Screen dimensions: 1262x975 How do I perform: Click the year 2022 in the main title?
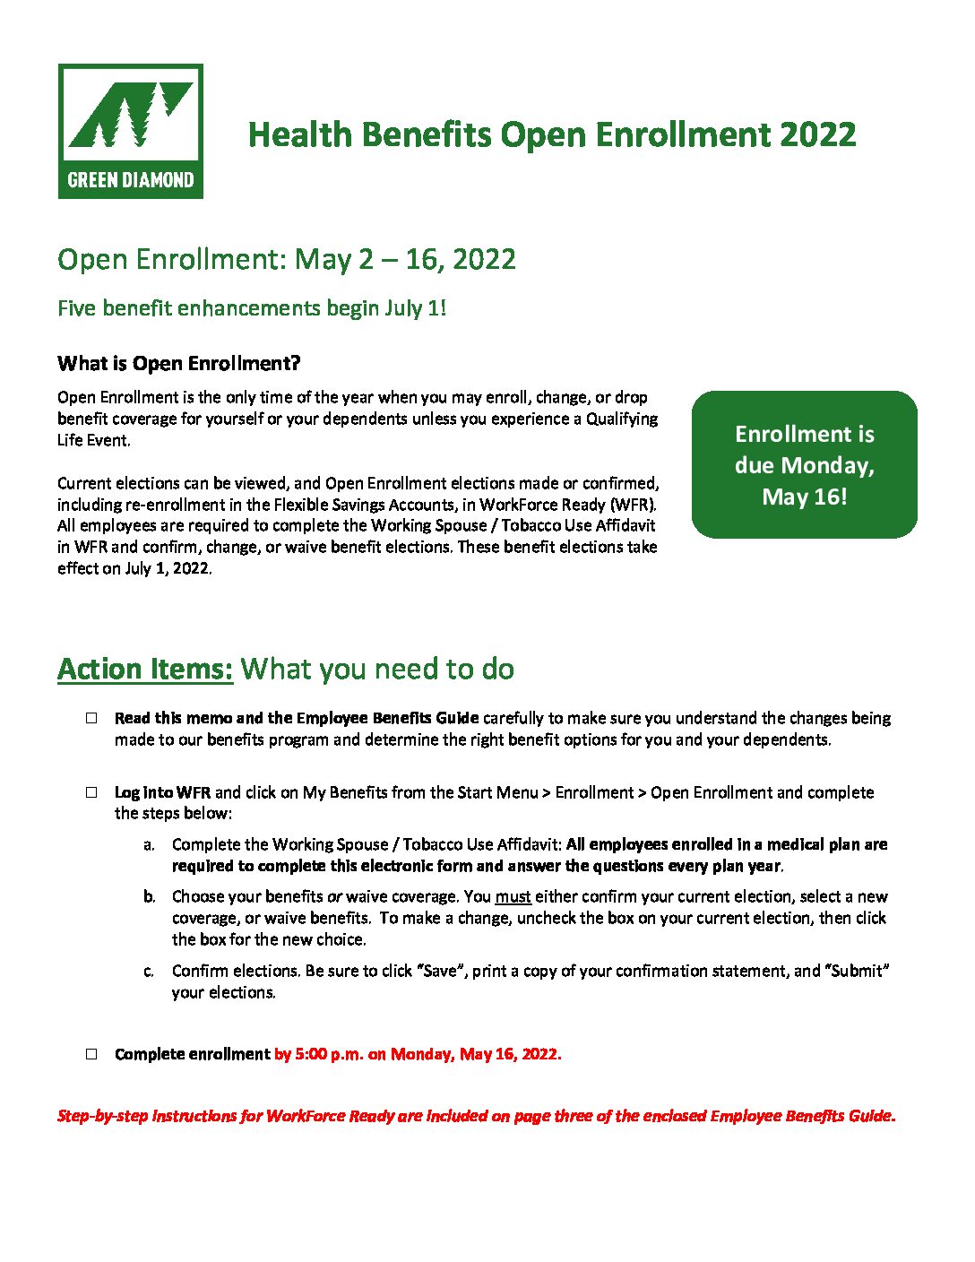[817, 135]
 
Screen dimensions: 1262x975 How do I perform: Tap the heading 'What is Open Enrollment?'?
[178, 363]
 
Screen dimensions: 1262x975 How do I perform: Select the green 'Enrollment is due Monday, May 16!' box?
[804, 464]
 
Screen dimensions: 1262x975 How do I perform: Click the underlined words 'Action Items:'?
[145, 670]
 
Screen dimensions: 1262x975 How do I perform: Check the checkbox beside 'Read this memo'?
[91, 718]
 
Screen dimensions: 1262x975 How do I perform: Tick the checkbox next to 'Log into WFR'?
[91, 792]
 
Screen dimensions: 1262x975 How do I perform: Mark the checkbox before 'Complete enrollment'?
[91, 1054]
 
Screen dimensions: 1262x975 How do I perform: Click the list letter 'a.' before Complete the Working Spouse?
[149, 845]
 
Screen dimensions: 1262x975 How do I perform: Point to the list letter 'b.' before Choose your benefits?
[149, 897]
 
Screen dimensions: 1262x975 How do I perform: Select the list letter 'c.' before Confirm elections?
[149, 972]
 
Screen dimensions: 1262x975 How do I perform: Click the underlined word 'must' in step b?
[513, 897]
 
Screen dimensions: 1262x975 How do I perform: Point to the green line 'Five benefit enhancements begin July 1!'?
[252, 308]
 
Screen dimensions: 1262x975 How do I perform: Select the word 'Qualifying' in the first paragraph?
[622, 419]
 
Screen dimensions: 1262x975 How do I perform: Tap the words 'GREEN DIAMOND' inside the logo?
[131, 180]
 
